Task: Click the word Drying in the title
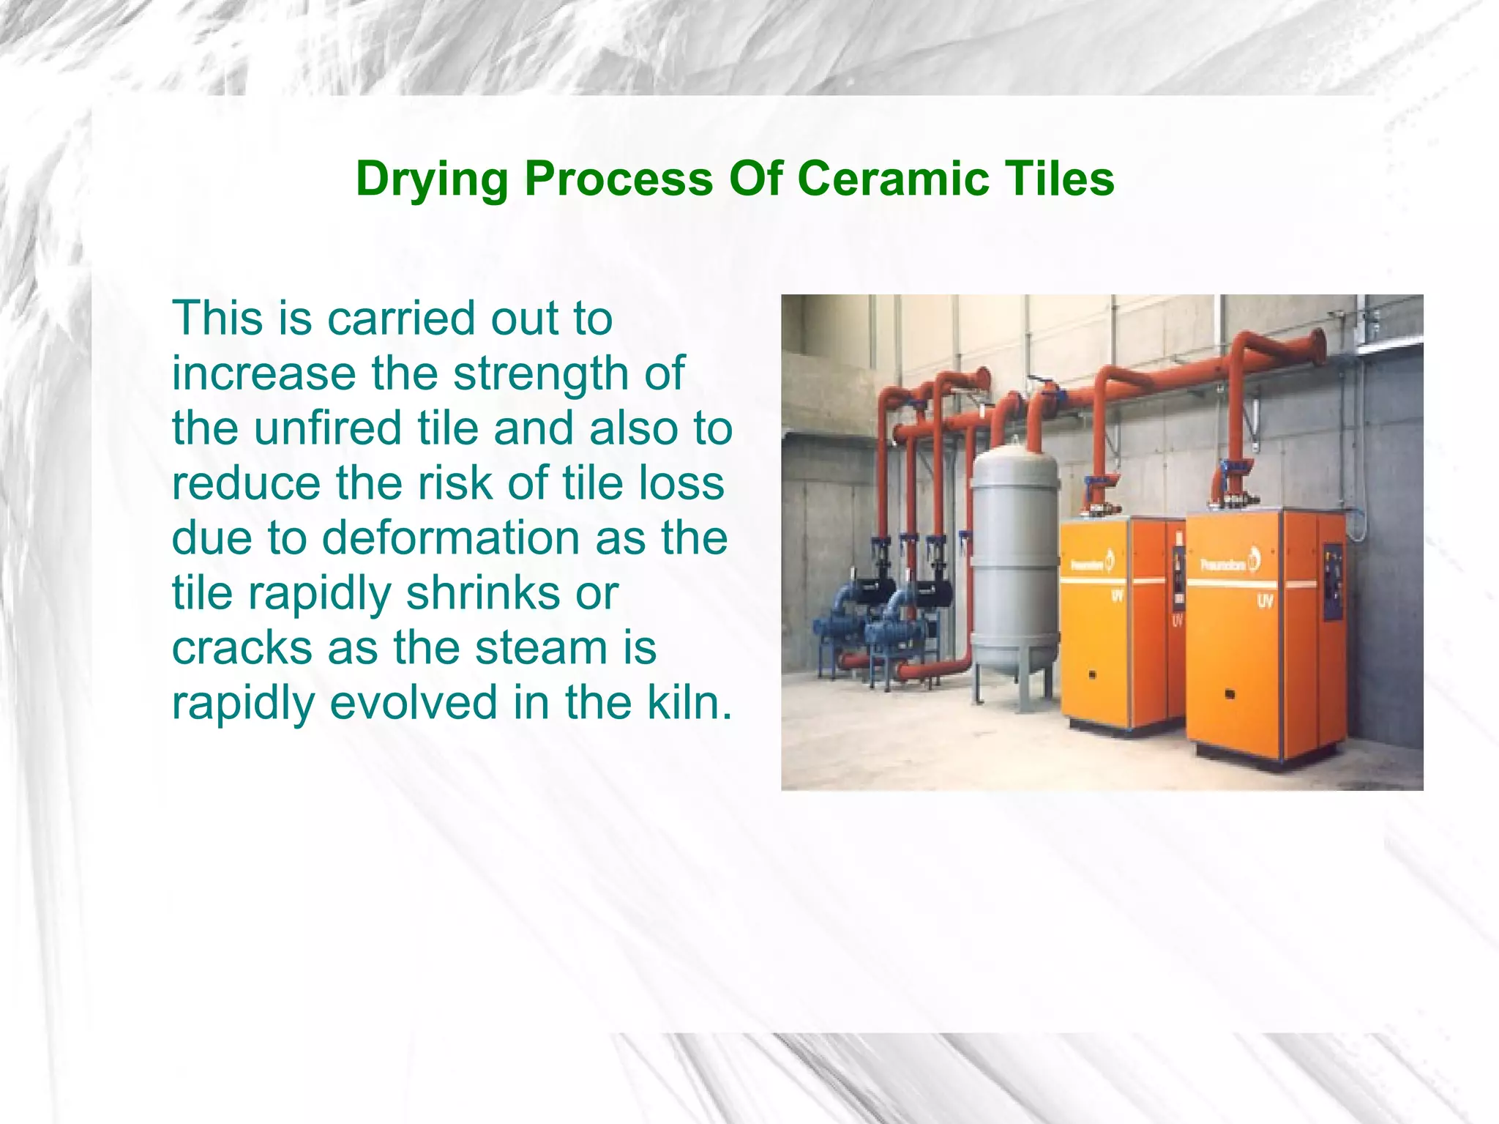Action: click(x=431, y=179)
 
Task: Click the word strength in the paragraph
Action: click(x=540, y=373)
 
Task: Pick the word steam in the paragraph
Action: click(x=541, y=648)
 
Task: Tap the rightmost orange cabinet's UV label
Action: click(x=1265, y=602)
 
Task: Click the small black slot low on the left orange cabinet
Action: click(x=1092, y=674)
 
